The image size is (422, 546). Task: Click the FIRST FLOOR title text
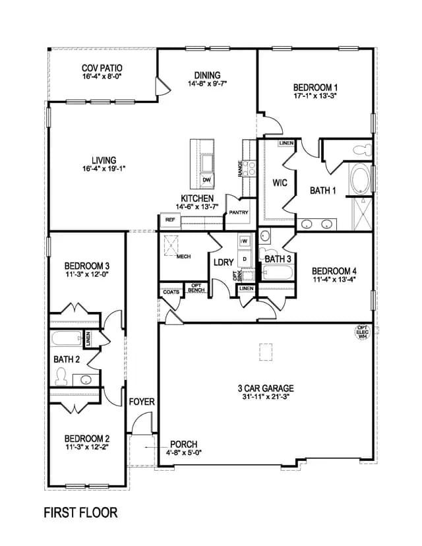80,513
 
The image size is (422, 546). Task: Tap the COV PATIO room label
102,68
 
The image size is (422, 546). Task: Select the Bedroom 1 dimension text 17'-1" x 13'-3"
315,96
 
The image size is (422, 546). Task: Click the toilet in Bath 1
362,150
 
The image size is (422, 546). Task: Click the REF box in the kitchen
170,220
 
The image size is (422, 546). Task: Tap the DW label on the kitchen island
206,179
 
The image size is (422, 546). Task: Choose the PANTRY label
239,212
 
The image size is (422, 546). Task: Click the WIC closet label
280,183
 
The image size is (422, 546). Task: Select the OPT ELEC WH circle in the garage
363,332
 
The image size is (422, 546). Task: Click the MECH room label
183,257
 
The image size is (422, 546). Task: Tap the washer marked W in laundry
245,241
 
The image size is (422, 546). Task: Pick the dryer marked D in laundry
245,259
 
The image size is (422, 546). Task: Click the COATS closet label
171,292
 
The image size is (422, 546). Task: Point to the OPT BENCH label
196,288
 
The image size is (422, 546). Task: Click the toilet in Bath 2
61,377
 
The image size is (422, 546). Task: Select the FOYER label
142,402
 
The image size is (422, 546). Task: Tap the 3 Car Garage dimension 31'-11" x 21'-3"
266,396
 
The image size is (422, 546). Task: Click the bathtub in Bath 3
277,272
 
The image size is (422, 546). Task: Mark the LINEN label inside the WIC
286,143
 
